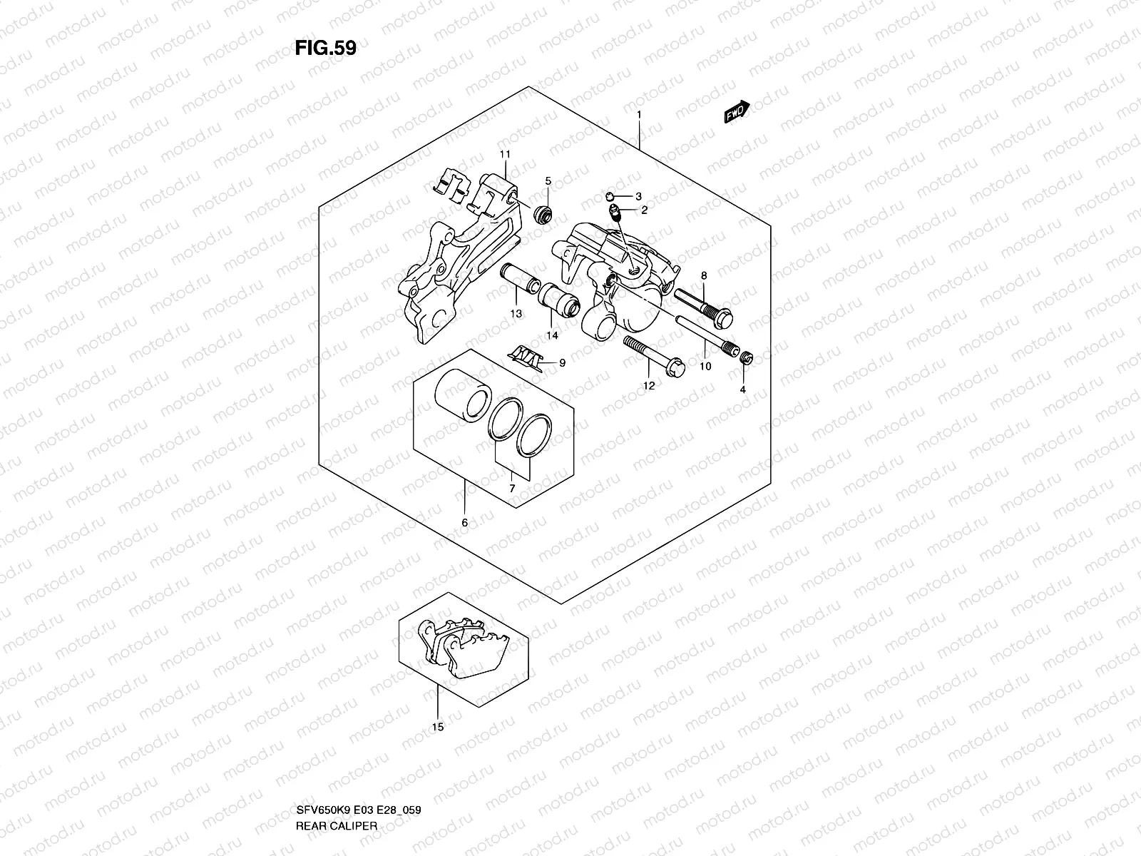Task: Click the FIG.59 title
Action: (325, 48)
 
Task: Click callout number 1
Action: (639, 115)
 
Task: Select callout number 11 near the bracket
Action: (505, 155)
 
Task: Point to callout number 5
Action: (548, 181)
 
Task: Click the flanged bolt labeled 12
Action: (653, 356)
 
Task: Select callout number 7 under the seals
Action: (512, 488)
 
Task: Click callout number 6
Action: (464, 523)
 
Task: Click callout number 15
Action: (438, 727)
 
